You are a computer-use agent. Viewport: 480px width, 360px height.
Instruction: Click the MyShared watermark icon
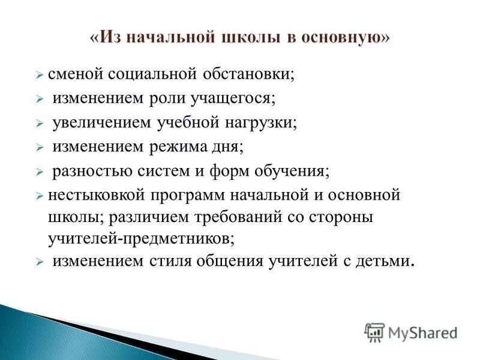pos(375,332)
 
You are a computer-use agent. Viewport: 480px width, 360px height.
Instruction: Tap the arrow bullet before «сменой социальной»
pos(39,75)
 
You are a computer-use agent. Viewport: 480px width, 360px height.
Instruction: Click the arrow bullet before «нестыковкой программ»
pos(39,197)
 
